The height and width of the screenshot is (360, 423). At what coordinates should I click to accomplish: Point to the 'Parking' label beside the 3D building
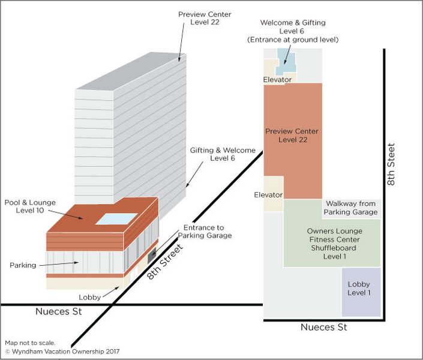coord(23,265)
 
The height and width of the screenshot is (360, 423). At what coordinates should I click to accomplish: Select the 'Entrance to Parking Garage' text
coord(207,232)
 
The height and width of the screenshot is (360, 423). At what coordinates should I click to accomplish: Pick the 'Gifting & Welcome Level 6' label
coord(223,154)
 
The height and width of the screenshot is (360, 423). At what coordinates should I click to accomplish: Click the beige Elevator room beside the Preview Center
coord(274,193)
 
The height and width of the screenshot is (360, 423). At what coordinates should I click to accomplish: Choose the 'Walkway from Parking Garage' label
coord(350,208)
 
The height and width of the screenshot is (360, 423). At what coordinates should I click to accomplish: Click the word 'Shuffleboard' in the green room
coord(331,248)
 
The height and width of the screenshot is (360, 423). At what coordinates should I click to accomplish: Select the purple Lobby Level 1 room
coord(360,291)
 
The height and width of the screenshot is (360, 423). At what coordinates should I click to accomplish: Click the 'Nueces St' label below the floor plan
coord(325,328)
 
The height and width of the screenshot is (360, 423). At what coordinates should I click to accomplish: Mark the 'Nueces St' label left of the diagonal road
coord(58,312)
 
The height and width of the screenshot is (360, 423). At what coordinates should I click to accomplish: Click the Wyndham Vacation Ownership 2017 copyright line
coord(62,352)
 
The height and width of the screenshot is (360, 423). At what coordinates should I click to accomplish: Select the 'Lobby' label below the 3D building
coord(89,297)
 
